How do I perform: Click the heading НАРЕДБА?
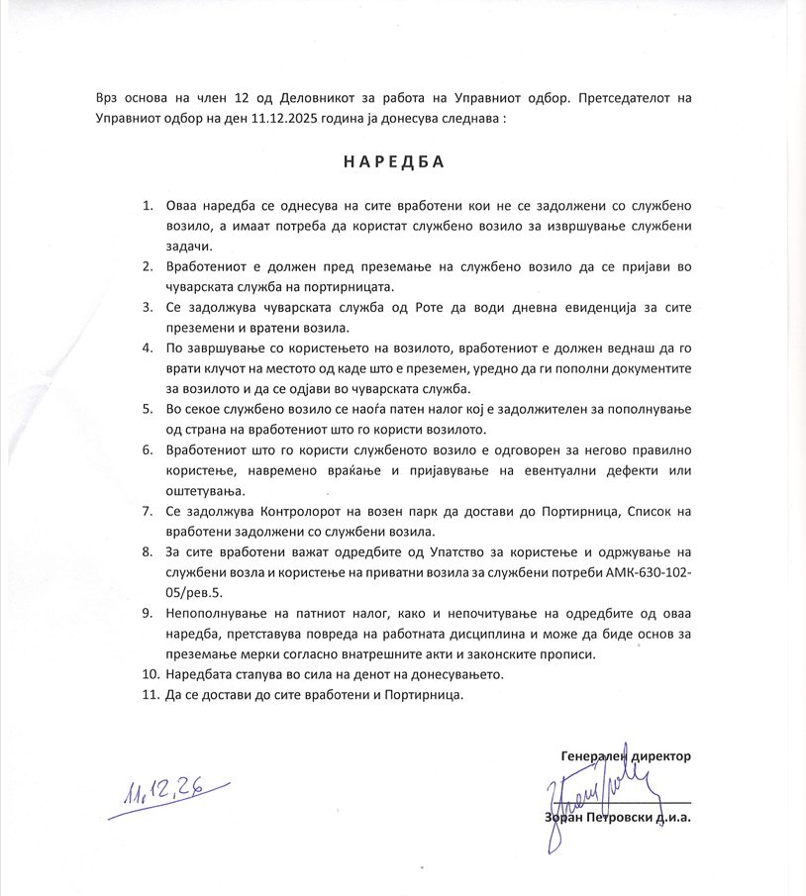[394, 161]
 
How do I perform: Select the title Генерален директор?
[625, 755]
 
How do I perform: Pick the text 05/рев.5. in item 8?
[195, 592]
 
